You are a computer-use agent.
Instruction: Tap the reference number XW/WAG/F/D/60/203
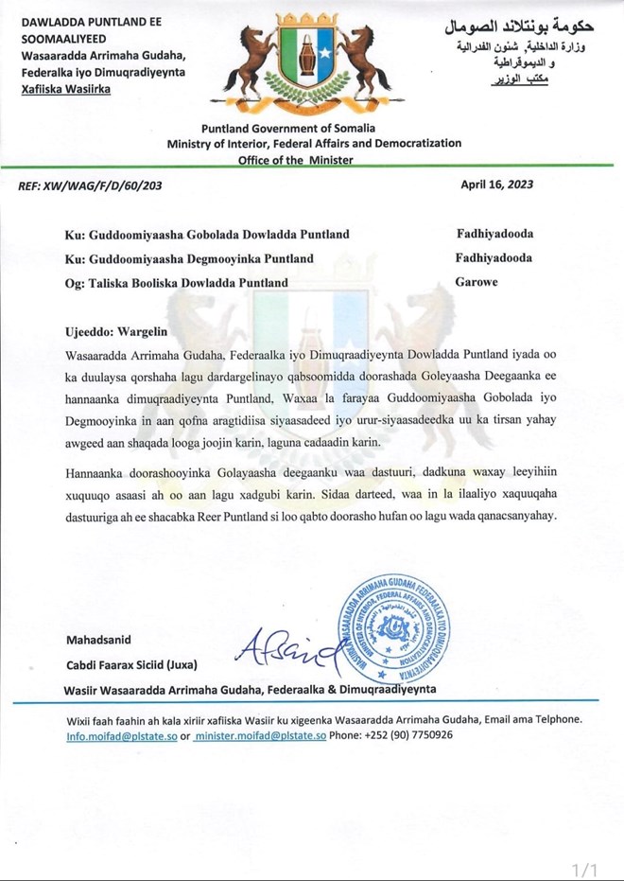(90, 185)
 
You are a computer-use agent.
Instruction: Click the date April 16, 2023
(496, 185)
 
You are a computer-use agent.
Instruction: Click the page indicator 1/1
(586, 869)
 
